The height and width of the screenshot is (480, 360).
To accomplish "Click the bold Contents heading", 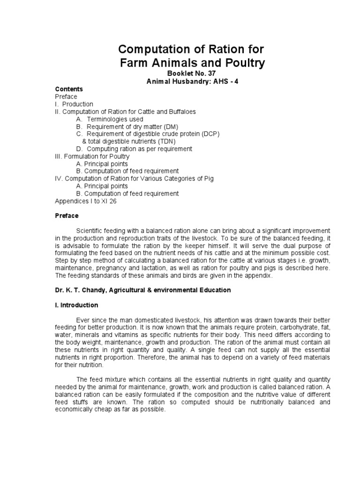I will [x=69, y=89].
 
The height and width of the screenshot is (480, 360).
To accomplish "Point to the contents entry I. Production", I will [x=74, y=104].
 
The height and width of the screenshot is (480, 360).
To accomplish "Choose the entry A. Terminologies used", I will [x=109, y=119].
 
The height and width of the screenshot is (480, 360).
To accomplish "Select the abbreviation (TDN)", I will [x=166, y=142].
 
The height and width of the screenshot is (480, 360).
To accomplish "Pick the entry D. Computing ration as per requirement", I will [x=134, y=149].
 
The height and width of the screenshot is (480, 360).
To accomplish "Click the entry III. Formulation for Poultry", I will [x=92, y=156].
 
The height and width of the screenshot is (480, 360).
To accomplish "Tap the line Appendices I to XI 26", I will [x=86, y=201].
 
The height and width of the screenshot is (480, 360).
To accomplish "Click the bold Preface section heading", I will [x=67, y=216].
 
